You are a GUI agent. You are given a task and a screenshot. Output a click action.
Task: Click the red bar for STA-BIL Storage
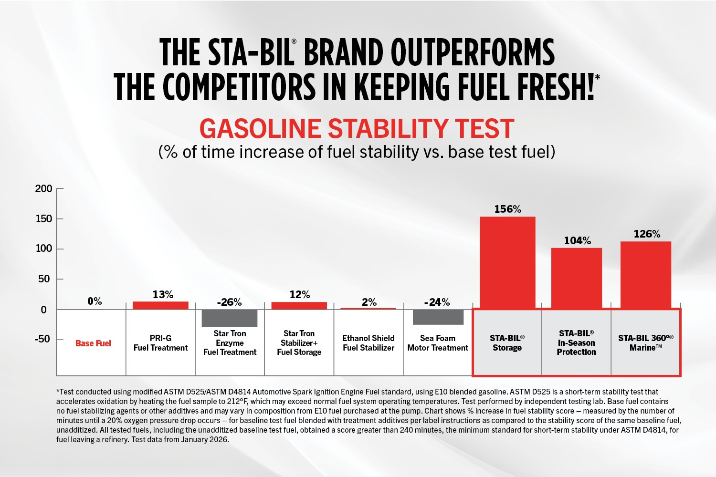507,263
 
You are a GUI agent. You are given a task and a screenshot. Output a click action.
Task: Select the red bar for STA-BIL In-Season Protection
577,278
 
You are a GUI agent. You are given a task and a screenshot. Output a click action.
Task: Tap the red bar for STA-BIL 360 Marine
646,275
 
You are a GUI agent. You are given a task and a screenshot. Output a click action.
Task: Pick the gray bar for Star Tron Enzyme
230,318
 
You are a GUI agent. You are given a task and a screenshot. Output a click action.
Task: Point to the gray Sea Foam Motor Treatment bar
438,317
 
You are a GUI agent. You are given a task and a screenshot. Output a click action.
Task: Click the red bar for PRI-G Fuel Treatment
160,305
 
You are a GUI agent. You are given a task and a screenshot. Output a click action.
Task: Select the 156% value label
507,209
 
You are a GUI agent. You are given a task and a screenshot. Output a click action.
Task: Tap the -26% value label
229,302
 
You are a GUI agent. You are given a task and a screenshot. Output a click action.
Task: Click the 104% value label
577,241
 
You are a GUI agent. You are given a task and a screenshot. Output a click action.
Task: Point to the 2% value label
369,302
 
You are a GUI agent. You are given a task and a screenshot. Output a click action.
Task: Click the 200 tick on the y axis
44,189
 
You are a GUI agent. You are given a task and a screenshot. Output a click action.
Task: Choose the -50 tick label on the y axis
42,339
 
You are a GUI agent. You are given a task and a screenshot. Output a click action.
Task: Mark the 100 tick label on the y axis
44,249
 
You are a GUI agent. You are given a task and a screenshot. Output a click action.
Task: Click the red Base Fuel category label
93,343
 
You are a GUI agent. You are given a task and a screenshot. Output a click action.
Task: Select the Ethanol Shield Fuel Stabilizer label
369,343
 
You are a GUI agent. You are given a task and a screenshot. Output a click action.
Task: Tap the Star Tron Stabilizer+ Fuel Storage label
299,343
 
